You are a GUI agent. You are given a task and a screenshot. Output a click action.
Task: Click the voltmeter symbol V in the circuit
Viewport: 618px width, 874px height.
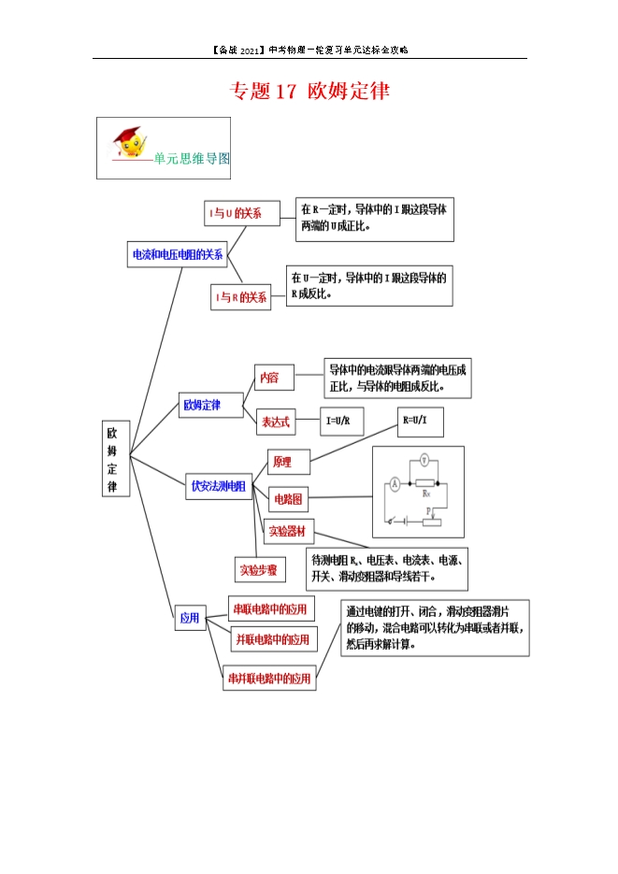tap(424, 460)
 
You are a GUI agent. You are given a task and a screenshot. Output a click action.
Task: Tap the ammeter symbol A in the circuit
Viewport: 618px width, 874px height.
tap(395, 483)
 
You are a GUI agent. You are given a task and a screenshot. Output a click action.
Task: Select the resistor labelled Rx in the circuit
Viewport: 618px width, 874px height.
tap(426, 483)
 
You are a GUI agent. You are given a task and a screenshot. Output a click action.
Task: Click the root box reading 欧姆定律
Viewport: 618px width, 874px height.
tap(113, 460)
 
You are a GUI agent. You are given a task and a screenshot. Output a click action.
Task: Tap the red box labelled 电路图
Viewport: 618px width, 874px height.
tap(286, 499)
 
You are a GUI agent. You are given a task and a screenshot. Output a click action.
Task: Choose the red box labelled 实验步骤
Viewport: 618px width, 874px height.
tap(259, 568)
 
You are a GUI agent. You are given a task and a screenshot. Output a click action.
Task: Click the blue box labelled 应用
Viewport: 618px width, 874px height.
tap(190, 618)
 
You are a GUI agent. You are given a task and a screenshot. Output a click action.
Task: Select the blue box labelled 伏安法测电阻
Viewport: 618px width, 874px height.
tap(219, 486)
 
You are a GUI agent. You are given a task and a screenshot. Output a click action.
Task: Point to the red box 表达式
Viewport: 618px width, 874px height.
tap(276, 422)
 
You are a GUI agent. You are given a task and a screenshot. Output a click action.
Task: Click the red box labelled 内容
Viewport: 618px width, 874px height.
tap(270, 378)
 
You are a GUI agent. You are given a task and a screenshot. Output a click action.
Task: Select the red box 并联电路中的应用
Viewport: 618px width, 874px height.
tap(272, 639)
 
